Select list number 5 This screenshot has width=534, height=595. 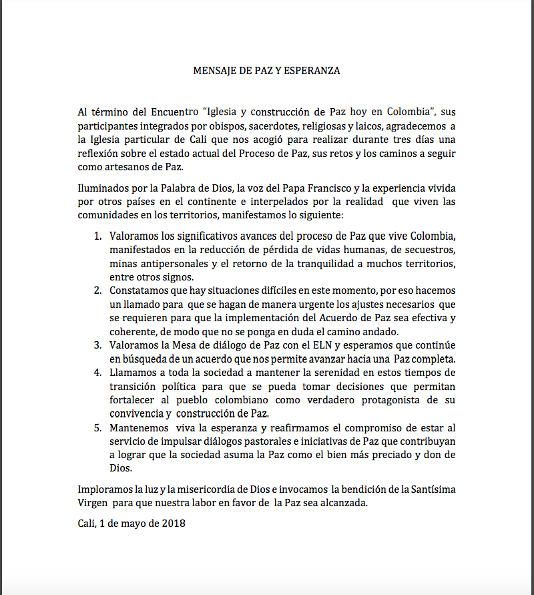pyautogui.click(x=97, y=427)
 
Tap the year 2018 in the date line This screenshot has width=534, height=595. pyautogui.click(x=172, y=524)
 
